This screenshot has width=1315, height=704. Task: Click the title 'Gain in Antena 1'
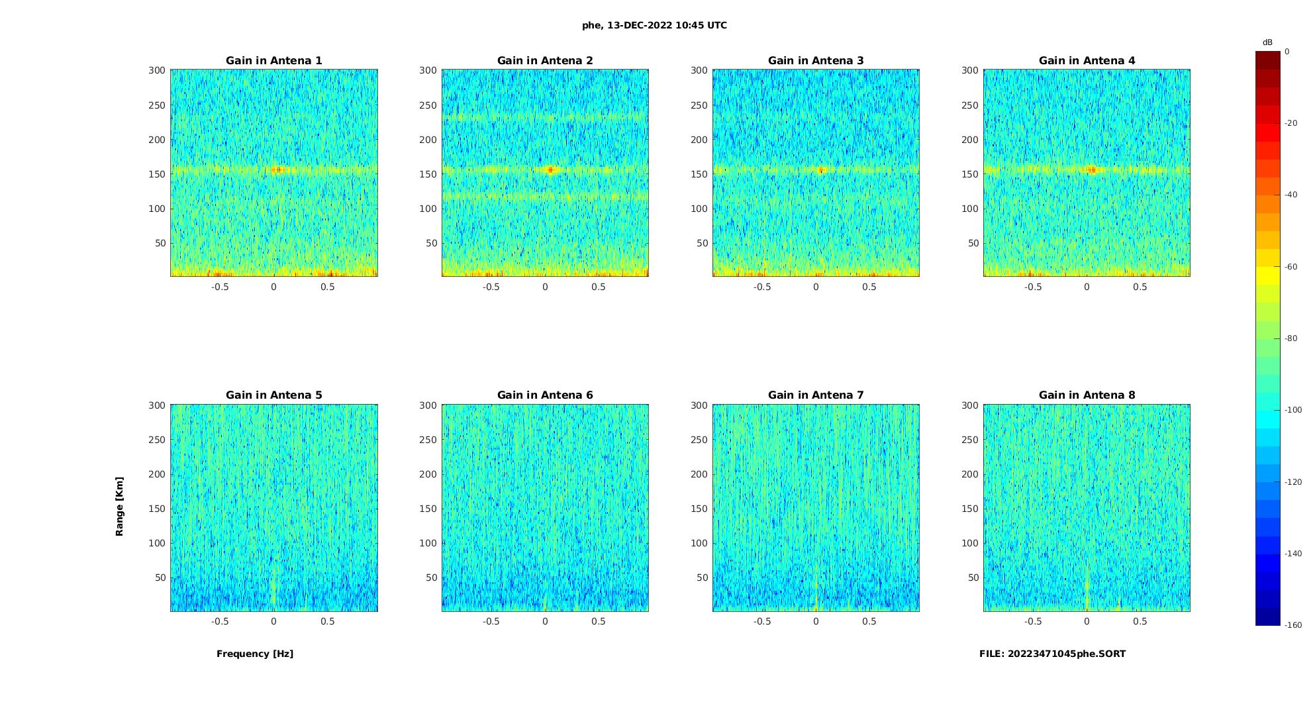(x=273, y=61)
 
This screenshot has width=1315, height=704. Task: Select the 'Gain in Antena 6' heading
(x=545, y=395)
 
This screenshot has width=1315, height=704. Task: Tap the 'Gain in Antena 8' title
(x=1087, y=395)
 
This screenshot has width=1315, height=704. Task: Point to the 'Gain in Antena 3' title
(x=816, y=61)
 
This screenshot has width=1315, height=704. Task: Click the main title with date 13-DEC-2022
(x=654, y=26)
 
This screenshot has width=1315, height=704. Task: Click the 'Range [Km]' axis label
(x=120, y=506)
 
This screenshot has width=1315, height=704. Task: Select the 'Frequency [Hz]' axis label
(x=255, y=654)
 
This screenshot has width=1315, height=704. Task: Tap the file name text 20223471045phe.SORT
(x=1052, y=654)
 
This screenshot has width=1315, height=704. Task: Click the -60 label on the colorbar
(x=1291, y=267)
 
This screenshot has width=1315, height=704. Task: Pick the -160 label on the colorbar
(x=1292, y=625)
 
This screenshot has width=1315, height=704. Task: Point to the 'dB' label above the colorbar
(x=1267, y=42)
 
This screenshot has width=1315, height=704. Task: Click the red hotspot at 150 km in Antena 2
(x=551, y=170)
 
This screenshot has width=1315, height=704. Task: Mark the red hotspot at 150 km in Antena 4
(x=1091, y=170)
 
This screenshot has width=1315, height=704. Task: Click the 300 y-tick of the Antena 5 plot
(x=157, y=405)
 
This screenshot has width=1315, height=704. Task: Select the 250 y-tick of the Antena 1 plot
(x=157, y=105)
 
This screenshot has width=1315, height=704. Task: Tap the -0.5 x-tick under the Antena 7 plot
(x=762, y=622)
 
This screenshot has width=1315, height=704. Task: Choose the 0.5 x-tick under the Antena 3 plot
(x=869, y=287)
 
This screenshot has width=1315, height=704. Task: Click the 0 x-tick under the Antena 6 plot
(x=545, y=622)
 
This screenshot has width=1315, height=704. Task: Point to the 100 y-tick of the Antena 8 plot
(x=970, y=543)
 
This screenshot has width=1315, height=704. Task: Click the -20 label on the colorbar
(x=1291, y=123)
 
